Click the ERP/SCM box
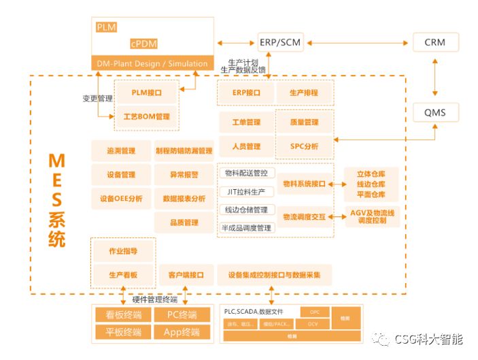click(281, 42)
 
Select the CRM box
click(435, 42)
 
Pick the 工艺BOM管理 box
click(147, 116)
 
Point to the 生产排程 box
click(304, 93)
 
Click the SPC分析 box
click(304, 146)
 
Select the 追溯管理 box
click(121, 150)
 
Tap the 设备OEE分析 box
click(121, 199)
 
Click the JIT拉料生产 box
click(247, 191)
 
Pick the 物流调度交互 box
click(304, 216)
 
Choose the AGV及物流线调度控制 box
click(372, 216)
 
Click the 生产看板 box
click(123, 275)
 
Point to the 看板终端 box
click(122, 315)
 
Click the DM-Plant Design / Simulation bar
click(153, 63)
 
